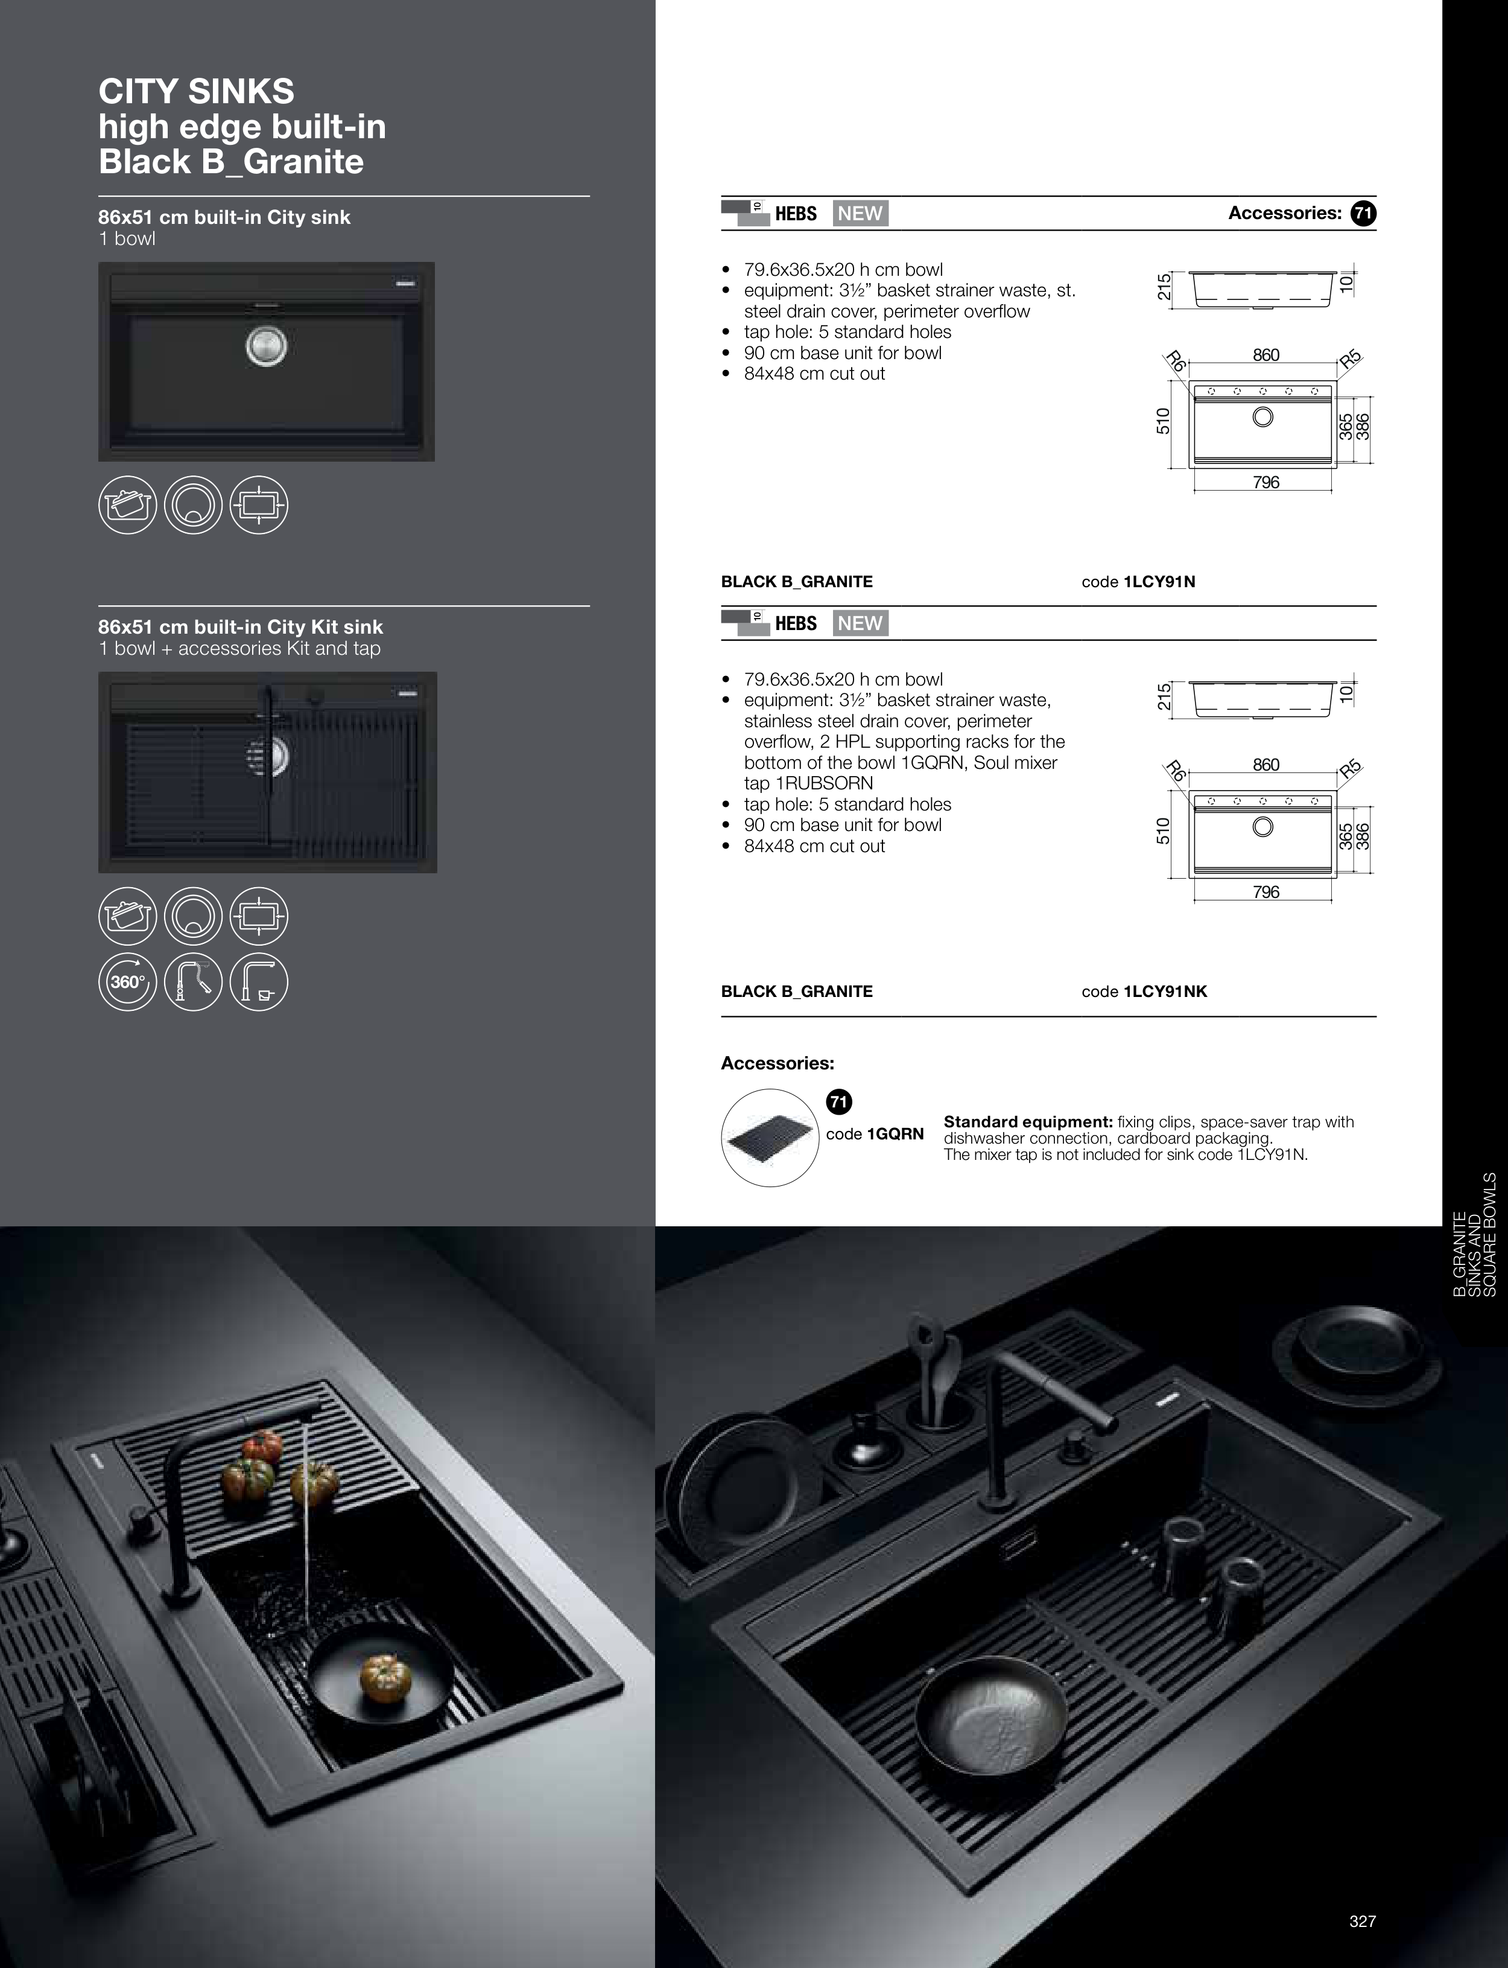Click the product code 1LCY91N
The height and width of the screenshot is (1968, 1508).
[x=1159, y=582]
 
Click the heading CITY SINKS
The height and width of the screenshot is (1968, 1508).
[x=195, y=92]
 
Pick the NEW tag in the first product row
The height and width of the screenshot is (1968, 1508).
[x=860, y=214]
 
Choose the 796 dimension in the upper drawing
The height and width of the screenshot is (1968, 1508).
[x=1266, y=483]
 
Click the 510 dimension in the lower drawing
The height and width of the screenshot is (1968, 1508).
[x=1164, y=830]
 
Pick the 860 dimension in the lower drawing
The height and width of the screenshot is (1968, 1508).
[x=1266, y=765]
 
